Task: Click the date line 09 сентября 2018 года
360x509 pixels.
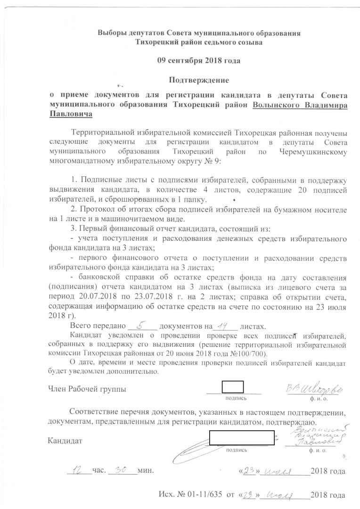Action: [198, 61]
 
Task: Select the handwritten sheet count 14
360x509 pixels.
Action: [223, 325]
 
